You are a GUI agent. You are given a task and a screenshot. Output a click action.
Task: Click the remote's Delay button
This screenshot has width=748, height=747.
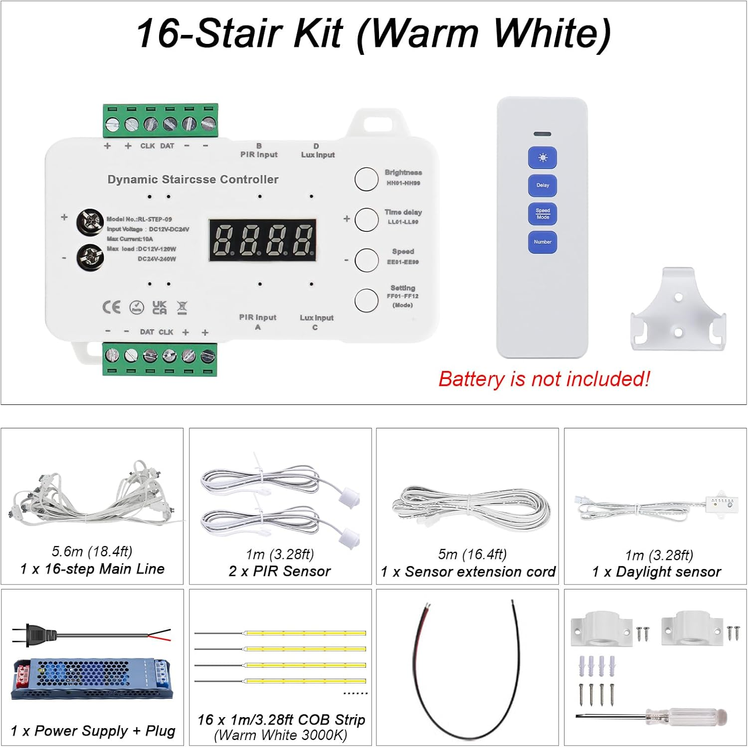[543, 186]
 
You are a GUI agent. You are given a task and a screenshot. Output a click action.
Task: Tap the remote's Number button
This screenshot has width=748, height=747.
[543, 242]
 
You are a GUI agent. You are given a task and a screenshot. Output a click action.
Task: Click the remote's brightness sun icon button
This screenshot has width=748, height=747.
[543, 158]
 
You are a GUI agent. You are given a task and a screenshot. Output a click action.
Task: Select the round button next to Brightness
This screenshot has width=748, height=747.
[366, 179]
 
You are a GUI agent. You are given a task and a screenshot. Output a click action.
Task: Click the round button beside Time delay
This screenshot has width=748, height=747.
[366, 219]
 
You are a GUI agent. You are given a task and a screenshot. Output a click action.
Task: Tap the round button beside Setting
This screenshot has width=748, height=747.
[366, 300]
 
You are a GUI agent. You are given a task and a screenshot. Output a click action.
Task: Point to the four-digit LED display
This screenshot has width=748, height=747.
[263, 240]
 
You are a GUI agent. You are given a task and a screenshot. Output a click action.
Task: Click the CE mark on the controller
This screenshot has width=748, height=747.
[111, 307]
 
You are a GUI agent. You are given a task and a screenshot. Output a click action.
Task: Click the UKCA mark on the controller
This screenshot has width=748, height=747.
[160, 307]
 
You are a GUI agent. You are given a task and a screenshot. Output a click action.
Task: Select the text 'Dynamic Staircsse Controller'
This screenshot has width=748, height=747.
[193, 180]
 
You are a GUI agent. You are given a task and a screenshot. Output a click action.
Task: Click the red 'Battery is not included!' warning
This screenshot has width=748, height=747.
[544, 379]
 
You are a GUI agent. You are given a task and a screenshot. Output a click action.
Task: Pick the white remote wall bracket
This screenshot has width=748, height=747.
[678, 311]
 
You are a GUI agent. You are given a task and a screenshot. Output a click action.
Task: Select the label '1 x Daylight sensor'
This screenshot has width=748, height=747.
[656, 572]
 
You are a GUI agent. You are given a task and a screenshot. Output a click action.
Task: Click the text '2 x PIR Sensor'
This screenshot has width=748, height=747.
[280, 571]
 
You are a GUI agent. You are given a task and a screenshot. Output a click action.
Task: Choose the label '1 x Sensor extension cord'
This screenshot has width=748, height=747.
[468, 572]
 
